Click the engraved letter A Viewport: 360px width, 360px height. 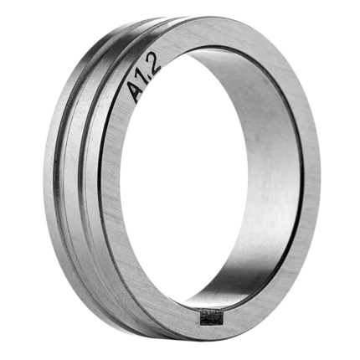pos(134,90)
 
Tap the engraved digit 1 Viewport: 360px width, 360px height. pos(144,77)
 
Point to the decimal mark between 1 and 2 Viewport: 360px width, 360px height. pos(149,73)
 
